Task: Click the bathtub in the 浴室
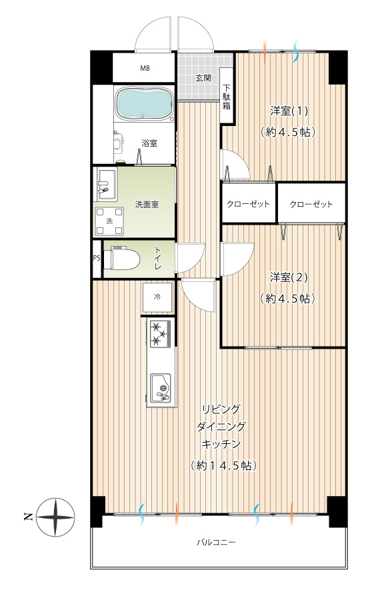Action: (144, 103)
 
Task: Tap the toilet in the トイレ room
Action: (121, 259)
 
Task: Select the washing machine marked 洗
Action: (109, 221)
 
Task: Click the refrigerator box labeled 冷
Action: (157, 297)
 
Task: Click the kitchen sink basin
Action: (161, 388)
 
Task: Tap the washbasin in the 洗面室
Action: (107, 185)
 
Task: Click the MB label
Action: (145, 69)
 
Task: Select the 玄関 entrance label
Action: (203, 78)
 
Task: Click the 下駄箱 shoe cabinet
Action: (227, 96)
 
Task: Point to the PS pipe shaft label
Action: (97, 259)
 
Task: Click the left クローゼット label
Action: (248, 204)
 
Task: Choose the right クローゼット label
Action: (311, 204)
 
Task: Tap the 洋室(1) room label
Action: (289, 111)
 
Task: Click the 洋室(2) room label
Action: (289, 277)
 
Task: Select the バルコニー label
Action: (216, 543)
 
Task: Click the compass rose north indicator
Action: (57, 517)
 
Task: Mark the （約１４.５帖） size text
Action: (223, 465)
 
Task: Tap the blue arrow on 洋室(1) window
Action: (296, 51)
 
